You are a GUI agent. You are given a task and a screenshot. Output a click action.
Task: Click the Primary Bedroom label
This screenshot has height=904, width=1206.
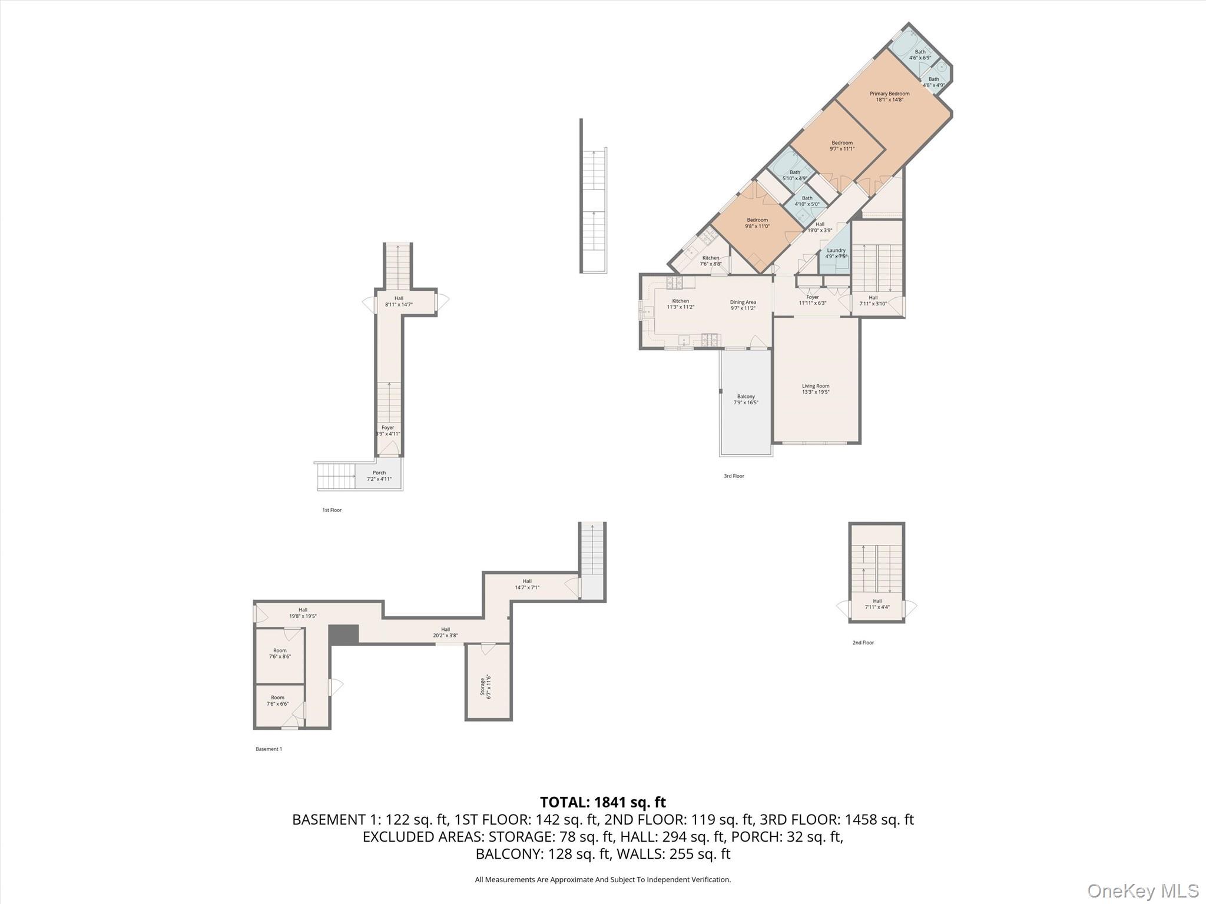tap(889, 97)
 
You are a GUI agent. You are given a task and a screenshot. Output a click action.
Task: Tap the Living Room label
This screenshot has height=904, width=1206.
tap(815, 389)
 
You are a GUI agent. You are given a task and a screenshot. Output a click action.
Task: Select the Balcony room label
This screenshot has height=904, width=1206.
tap(746, 400)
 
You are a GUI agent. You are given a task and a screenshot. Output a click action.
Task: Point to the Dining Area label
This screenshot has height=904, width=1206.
tap(743, 305)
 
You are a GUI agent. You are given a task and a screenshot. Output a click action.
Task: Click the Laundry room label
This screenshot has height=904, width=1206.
tap(836, 253)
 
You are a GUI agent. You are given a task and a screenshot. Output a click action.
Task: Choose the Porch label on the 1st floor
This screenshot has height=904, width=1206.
tap(379, 476)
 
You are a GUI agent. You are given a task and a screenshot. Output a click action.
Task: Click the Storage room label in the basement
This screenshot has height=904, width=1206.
tap(485, 686)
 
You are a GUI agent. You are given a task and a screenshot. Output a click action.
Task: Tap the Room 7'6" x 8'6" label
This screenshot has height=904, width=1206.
tap(280, 653)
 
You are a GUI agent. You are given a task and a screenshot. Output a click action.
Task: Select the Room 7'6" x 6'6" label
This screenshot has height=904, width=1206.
tap(277, 700)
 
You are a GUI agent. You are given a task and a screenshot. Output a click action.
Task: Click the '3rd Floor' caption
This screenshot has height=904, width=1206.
tap(734, 476)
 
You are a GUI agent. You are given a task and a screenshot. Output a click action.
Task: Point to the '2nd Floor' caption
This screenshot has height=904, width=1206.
tap(863, 643)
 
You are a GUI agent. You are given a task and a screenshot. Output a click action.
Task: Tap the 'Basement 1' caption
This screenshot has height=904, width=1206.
tap(269, 749)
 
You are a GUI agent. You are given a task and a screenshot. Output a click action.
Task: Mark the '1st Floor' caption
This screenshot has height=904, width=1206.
tap(332, 510)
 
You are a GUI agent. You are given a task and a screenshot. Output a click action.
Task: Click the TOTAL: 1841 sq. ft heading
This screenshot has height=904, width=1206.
tap(602, 802)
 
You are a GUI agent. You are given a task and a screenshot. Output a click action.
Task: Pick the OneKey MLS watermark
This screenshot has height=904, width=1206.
tap(1142, 891)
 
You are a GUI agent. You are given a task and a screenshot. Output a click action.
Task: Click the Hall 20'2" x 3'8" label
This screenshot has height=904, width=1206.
tap(445, 632)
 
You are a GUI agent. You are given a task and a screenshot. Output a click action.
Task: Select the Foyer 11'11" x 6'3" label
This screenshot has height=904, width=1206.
tap(812, 300)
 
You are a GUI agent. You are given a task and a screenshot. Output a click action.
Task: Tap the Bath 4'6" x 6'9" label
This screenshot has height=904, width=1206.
tap(920, 55)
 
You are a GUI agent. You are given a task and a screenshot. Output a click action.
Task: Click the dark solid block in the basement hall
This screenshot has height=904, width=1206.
tap(343, 634)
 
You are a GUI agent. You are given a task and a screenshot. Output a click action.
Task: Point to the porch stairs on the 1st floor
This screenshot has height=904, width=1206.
tap(336, 476)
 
